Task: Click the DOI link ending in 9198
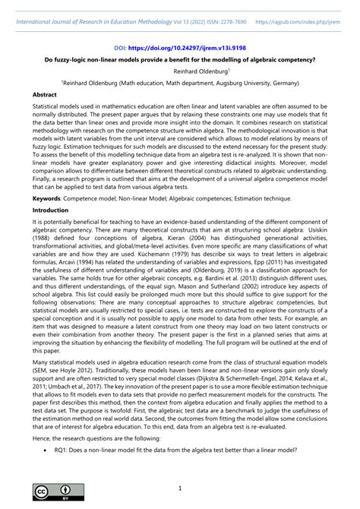pyautogui.click(x=188, y=46)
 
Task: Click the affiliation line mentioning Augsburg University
pyautogui.click(x=180, y=82)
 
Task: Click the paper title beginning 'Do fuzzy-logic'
pyautogui.click(x=180, y=58)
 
